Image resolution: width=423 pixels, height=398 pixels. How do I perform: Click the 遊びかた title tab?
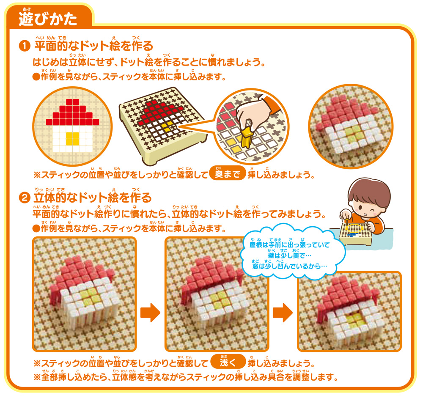pos(49,17)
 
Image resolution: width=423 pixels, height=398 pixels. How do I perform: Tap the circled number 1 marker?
pos(25,46)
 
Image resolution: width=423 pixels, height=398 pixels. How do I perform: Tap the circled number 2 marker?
pos(25,198)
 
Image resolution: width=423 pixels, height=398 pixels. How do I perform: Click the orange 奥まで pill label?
pos(227,173)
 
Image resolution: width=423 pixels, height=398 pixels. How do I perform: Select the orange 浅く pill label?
pos(228,362)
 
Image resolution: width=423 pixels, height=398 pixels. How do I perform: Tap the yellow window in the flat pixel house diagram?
pos(73,139)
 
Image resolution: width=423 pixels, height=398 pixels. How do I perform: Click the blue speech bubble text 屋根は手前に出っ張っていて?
pos(289,245)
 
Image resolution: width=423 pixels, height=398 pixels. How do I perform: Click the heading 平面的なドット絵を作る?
pos(93,46)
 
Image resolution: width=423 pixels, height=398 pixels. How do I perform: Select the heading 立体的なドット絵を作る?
pos(93,198)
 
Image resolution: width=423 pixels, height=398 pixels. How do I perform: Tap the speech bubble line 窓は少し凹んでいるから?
pos(289,266)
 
